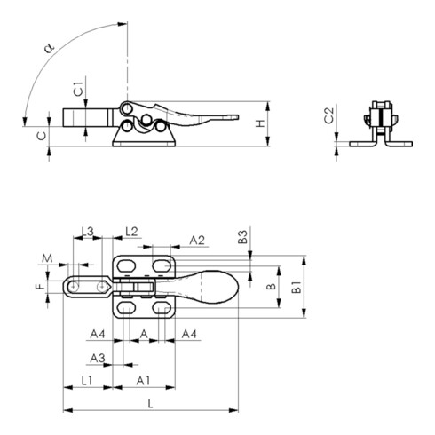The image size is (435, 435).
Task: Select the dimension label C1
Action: point(78,89)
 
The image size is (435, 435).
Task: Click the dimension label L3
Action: point(88,232)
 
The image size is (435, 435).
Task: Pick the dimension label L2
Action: point(131,232)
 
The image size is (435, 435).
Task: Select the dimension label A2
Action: point(197,240)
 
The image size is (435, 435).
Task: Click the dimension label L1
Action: point(89,380)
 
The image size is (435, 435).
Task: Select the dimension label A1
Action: point(142,380)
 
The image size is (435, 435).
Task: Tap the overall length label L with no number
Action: point(151,403)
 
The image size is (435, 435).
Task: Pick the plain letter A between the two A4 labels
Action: point(145,335)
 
